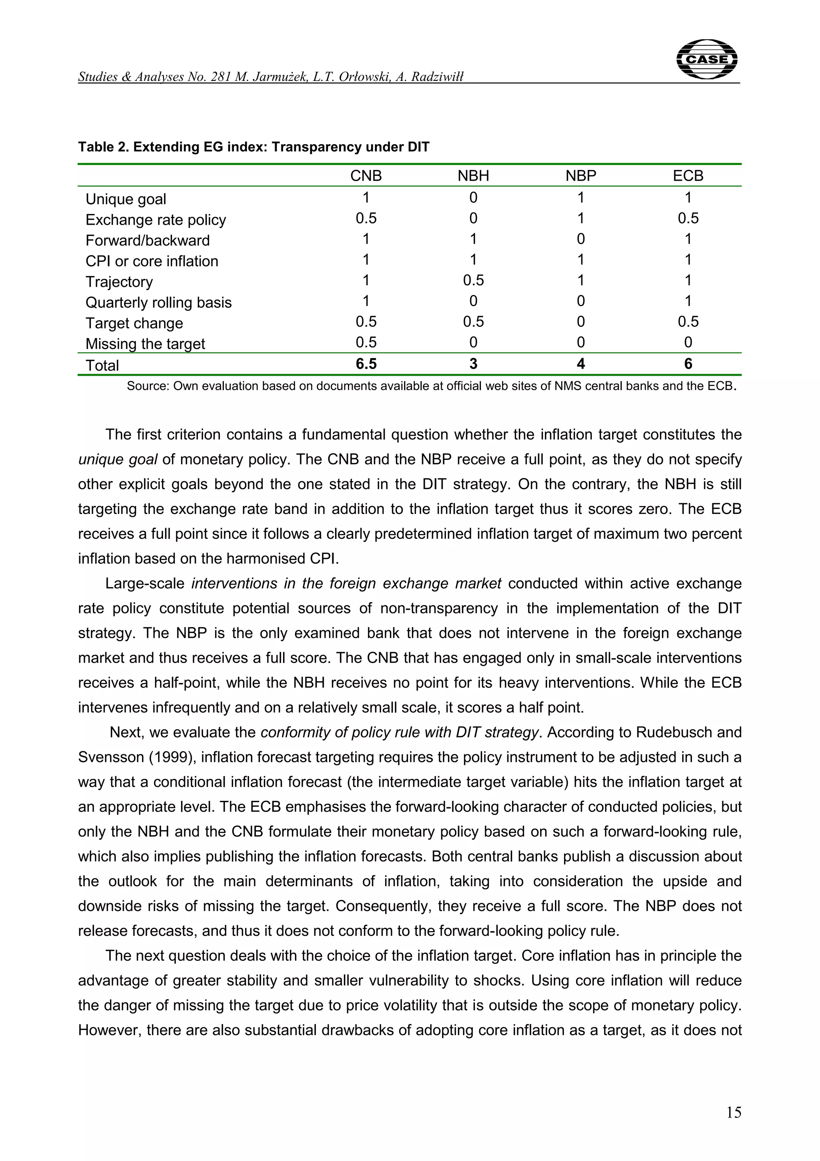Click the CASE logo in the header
[x=706, y=59]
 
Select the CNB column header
[x=366, y=176]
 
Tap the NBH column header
[x=473, y=176]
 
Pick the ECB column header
[x=687, y=176]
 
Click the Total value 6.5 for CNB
[x=366, y=364]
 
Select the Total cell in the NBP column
[x=581, y=364]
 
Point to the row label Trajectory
[x=119, y=282]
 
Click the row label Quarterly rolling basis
[x=158, y=302]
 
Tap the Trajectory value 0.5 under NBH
[x=473, y=280]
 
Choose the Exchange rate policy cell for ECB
[x=687, y=218]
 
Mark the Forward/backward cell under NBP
[x=581, y=239]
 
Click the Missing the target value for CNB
[x=366, y=343]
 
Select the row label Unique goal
[x=125, y=199]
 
